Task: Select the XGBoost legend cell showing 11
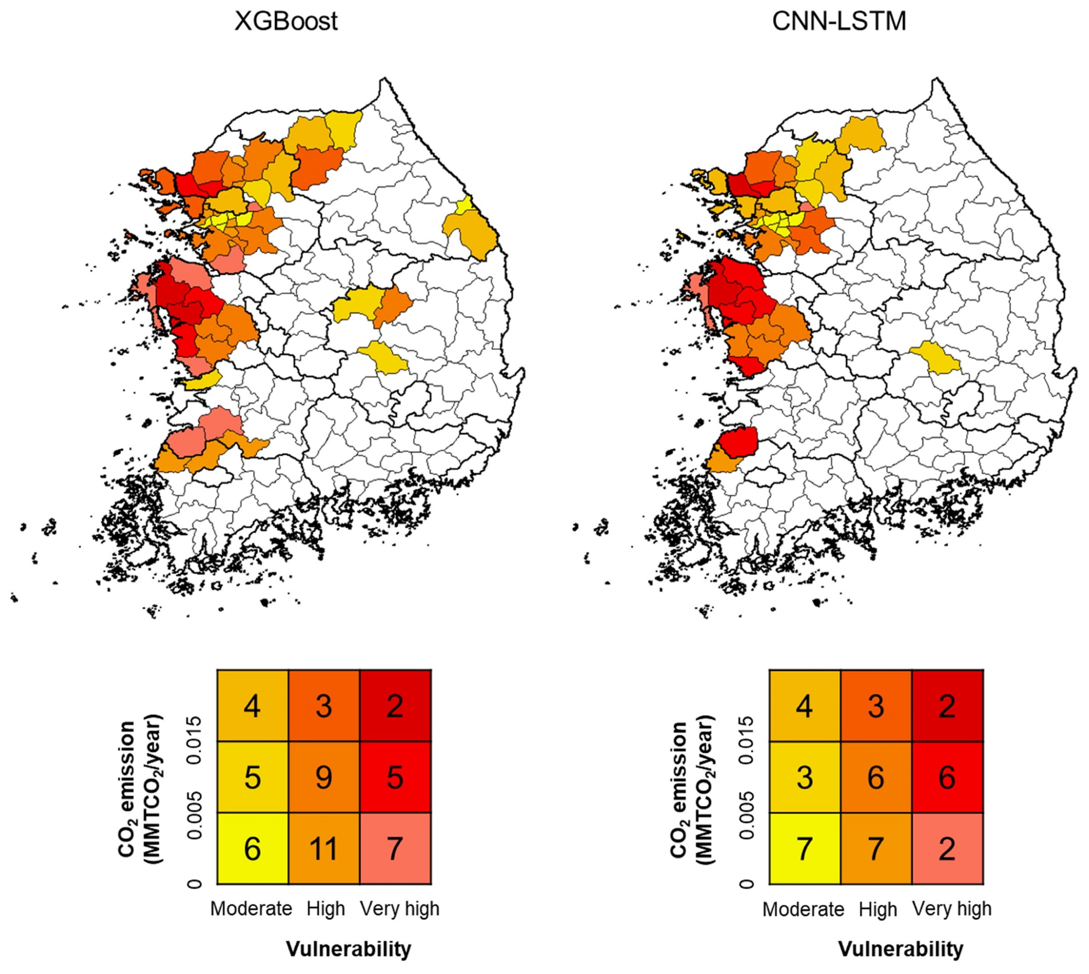[324, 848]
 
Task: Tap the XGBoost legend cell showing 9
[324, 777]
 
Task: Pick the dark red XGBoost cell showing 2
[395, 706]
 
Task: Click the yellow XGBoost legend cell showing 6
[253, 848]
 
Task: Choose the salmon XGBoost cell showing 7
[395, 848]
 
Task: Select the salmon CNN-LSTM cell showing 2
[947, 848]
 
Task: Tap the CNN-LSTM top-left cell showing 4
[804, 706]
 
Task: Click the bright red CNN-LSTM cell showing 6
[947, 777]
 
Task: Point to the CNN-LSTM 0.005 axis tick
[747, 812]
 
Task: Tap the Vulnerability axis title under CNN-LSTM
[900, 948]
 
